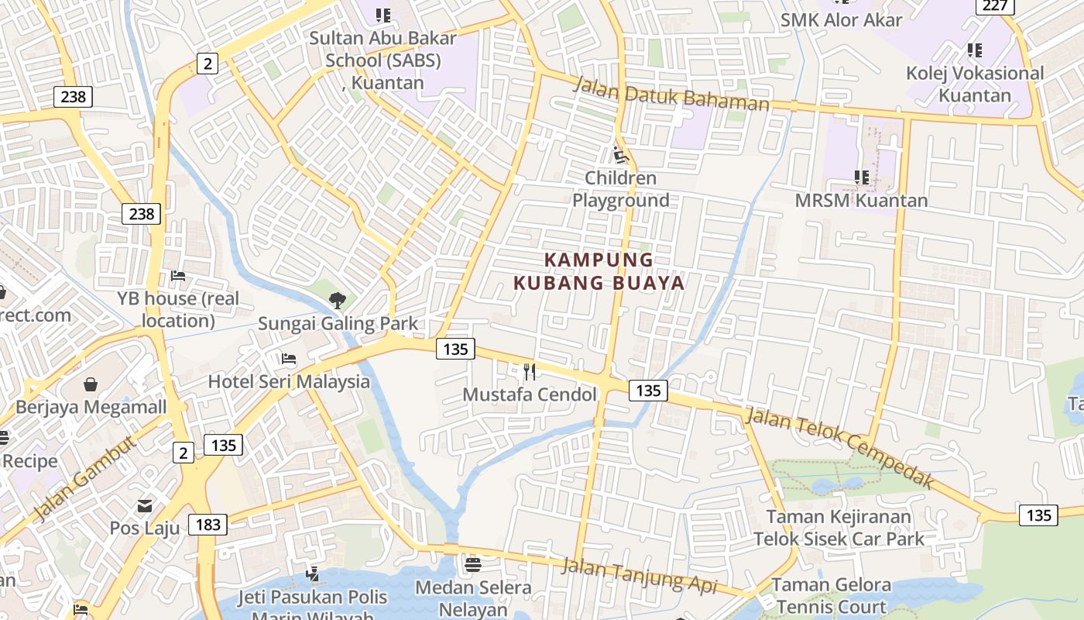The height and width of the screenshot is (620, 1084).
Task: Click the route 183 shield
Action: coord(208,525)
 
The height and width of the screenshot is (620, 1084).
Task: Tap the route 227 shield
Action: coord(995,6)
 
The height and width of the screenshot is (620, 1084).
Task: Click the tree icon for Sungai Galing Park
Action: coord(337,300)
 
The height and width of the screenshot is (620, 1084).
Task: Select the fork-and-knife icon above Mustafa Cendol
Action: coord(530,372)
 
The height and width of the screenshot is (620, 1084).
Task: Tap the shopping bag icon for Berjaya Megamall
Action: coord(91,384)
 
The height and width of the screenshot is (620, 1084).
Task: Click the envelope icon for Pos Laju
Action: coord(145,506)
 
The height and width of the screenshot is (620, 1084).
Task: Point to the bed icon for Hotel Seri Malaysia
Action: coord(289,359)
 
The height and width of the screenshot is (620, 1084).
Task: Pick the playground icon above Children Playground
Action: coord(619,155)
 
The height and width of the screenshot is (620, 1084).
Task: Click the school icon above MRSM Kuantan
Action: coord(861,177)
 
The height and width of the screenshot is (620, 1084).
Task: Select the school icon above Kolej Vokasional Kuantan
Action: coord(974,50)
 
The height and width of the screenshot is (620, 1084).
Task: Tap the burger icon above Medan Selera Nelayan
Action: coord(473,565)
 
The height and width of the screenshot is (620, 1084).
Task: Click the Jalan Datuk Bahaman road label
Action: coord(671,95)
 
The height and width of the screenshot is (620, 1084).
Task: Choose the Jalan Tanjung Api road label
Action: coord(639,575)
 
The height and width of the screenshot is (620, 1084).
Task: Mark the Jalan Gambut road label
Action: coord(85,478)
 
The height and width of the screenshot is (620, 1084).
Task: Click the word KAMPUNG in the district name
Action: coord(599,260)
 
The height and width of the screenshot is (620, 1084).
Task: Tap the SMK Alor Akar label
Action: coord(841,20)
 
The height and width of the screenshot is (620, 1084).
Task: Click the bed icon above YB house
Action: coord(178,276)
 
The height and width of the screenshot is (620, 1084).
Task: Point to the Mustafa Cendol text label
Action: coord(530,394)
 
